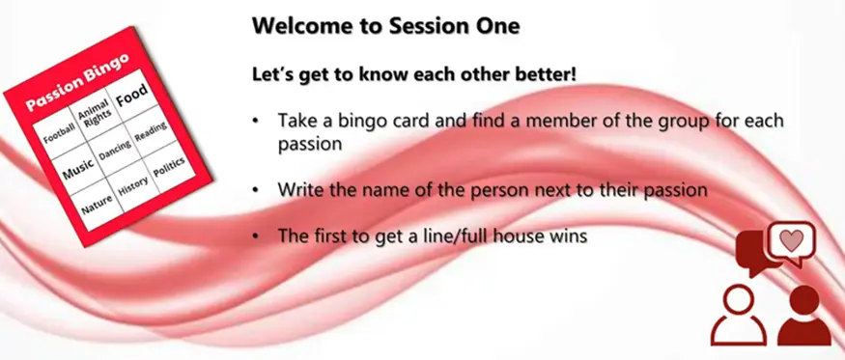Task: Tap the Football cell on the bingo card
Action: pos(59,133)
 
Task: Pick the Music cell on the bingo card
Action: pos(77,169)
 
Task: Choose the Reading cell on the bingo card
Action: pos(151,132)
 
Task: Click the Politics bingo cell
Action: pos(169,168)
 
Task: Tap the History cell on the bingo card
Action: pos(132,186)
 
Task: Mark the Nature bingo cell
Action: pos(97,205)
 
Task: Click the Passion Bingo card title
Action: pos(77,81)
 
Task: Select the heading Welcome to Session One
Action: pos(386,26)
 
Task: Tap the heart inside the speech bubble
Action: pos(792,240)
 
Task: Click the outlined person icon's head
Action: pos(738,300)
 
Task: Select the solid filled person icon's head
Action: pos(804,299)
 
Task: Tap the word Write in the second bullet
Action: pos(297,190)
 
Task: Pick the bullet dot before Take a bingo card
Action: pos(256,121)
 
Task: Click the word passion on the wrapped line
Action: pos(310,145)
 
